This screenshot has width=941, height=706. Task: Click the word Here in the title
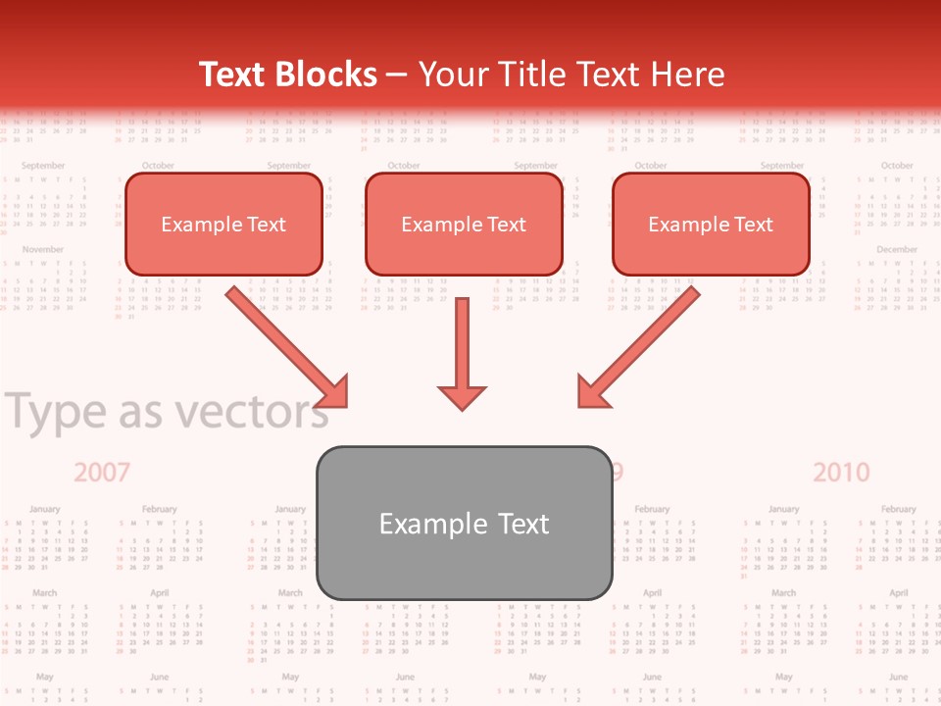(688, 75)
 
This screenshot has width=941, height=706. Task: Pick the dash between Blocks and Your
(397, 76)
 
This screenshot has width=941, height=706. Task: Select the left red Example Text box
(223, 225)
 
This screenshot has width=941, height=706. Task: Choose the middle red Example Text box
(464, 225)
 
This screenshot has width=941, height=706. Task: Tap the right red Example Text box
(711, 225)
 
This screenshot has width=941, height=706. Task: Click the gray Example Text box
(464, 523)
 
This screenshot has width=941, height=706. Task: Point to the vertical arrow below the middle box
(462, 353)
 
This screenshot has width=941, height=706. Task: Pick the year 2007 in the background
(102, 473)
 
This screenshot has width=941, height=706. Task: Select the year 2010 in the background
(841, 473)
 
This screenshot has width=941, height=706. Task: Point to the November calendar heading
(43, 250)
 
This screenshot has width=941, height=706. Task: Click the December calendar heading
(896, 250)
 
